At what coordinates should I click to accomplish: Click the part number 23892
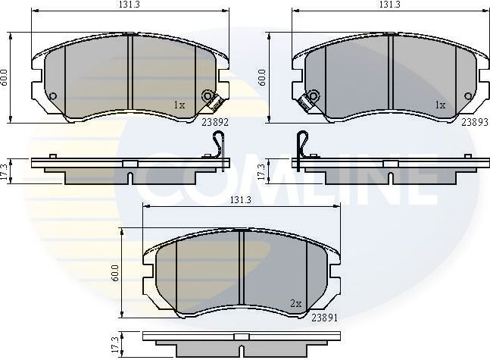point(215,120)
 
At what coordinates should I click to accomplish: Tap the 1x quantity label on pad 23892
point(179,105)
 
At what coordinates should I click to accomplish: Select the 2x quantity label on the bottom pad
point(295,303)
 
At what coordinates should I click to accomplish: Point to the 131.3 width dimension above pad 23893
point(389,5)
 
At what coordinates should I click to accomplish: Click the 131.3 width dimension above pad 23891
point(240,200)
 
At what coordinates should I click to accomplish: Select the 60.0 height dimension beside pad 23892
point(5,77)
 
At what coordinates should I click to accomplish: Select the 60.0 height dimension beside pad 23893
point(262,77)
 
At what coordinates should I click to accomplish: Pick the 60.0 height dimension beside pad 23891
point(115,272)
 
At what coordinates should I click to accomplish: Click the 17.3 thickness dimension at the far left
point(6,170)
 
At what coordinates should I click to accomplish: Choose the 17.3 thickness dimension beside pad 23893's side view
point(262,170)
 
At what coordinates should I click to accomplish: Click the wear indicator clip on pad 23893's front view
point(310,99)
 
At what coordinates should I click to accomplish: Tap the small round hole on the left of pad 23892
point(52,95)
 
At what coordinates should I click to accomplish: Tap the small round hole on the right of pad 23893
point(468,95)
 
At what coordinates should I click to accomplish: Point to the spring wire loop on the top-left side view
point(220,143)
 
